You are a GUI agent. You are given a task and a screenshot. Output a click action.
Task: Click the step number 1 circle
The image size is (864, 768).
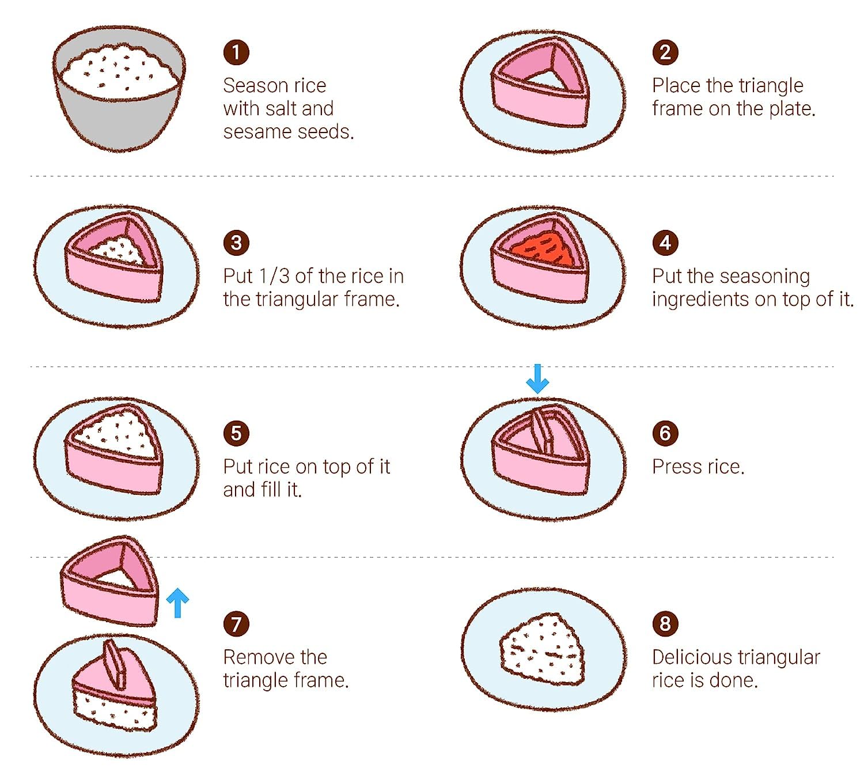236,52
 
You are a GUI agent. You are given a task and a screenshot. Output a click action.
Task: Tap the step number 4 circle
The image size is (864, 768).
665,243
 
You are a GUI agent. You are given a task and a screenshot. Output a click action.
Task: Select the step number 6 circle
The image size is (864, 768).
665,433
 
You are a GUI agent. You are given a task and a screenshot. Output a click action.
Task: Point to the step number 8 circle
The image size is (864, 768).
665,623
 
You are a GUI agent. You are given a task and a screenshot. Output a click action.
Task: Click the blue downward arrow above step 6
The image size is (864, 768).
537,379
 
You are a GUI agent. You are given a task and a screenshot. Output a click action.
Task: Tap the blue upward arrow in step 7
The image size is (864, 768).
177,603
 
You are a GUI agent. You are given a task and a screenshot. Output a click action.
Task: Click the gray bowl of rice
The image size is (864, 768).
119,88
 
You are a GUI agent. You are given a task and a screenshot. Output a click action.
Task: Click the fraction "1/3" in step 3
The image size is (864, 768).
274,276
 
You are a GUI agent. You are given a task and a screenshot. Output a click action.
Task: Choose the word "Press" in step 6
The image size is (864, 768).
675,467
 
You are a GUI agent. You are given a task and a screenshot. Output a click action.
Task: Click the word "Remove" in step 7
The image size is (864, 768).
275,657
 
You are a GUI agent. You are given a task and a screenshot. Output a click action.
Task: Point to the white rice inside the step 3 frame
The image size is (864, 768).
119,251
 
